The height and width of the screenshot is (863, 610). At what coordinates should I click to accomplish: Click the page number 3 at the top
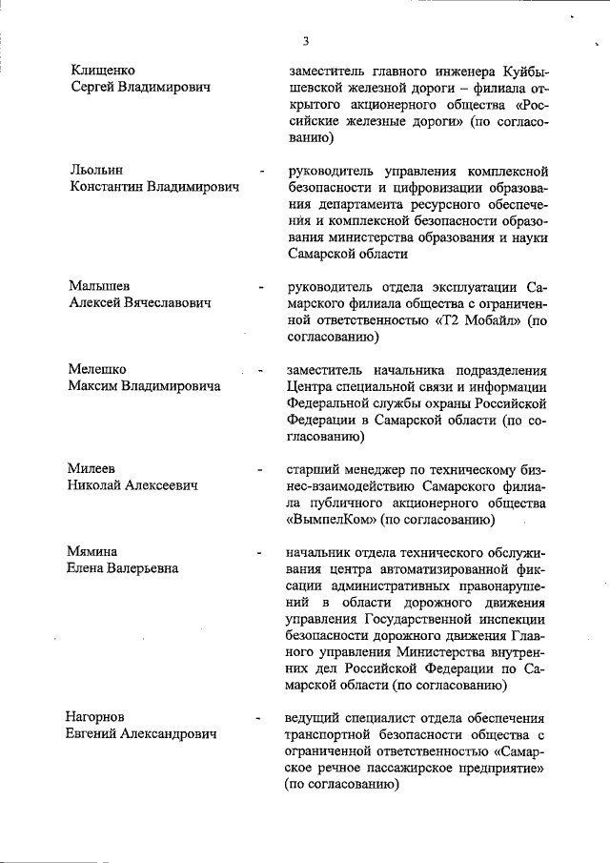click(305, 41)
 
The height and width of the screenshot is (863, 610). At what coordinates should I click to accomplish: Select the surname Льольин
click(96, 170)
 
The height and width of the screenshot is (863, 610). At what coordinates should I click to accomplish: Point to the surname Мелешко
click(97, 369)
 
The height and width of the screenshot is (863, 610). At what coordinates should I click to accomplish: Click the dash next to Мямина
click(259, 553)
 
